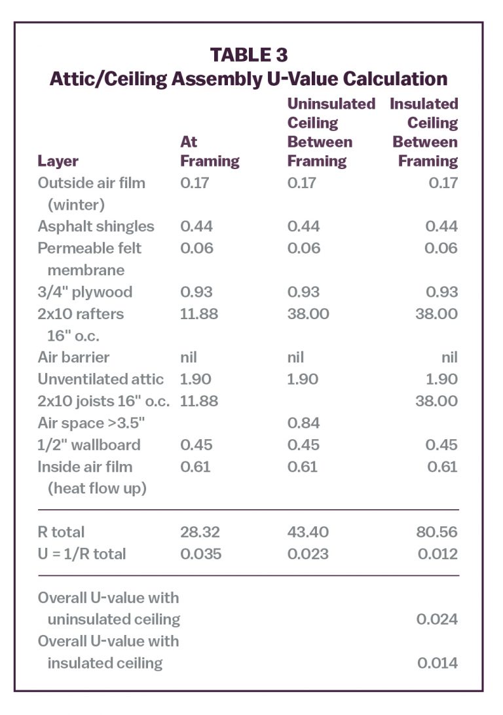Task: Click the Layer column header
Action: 58,161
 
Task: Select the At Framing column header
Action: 210,151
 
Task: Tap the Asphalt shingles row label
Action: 96,226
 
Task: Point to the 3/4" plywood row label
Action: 84,292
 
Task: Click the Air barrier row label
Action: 73,357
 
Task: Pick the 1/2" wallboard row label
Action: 88,444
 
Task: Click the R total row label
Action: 61,532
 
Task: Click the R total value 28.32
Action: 200,532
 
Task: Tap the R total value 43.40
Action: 308,532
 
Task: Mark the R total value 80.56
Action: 437,532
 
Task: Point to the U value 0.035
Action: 200,554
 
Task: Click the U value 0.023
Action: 308,554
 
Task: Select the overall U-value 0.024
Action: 437,619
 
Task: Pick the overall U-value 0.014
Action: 437,663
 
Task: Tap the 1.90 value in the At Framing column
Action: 195,379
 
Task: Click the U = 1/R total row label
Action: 81,554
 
